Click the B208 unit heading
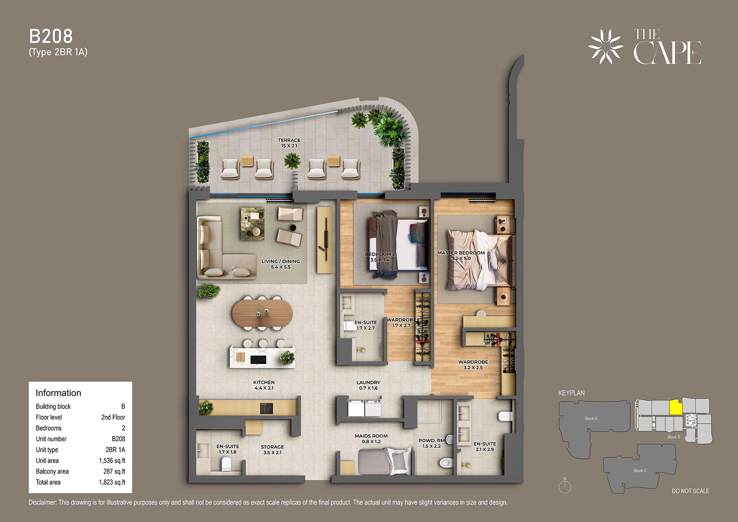[x=51, y=36]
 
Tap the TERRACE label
[x=289, y=140]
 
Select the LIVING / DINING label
[x=281, y=261]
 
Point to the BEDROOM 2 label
[x=380, y=254]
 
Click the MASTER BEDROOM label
[x=461, y=253]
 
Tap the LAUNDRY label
[x=369, y=382]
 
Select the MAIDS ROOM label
[x=371, y=436]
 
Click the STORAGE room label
[x=272, y=447]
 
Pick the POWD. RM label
[x=431, y=440]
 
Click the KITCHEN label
[x=264, y=382]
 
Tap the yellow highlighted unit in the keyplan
[x=675, y=407]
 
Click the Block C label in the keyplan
[x=640, y=470]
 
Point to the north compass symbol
[x=565, y=486]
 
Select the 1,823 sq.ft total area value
[x=112, y=482]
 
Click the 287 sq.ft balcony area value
[x=114, y=472]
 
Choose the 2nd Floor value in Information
[x=113, y=417]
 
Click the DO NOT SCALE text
[x=690, y=491]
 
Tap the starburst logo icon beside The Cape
[x=606, y=47]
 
